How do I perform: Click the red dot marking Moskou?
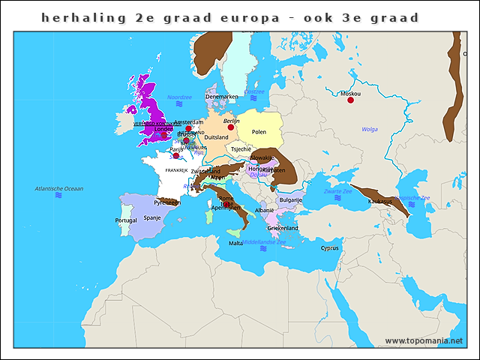[x=350, y=100]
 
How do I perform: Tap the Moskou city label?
[x=350, y=94]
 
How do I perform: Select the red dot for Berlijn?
[x=231, y=127]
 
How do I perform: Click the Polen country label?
[x=259, y=132]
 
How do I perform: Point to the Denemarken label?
[x=221, y=97]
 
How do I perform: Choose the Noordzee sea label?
[x=180, y=97]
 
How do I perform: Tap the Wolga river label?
[x=370, y=129]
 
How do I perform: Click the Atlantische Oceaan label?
[x=59, y=188]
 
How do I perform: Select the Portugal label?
[x=126, y=220]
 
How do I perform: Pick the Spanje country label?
[x=152, y=218]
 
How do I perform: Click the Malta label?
[x=235, y=243]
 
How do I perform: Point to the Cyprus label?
[x=330, y=248]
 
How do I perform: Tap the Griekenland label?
[x=283, y=228]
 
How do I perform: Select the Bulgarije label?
[x=290, y=200]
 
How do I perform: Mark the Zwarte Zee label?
[x=337, y=191]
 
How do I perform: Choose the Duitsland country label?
[x=216, y=137]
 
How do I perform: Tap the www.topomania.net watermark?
[x=424, y=340]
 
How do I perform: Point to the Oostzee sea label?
[x=255, y=91]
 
